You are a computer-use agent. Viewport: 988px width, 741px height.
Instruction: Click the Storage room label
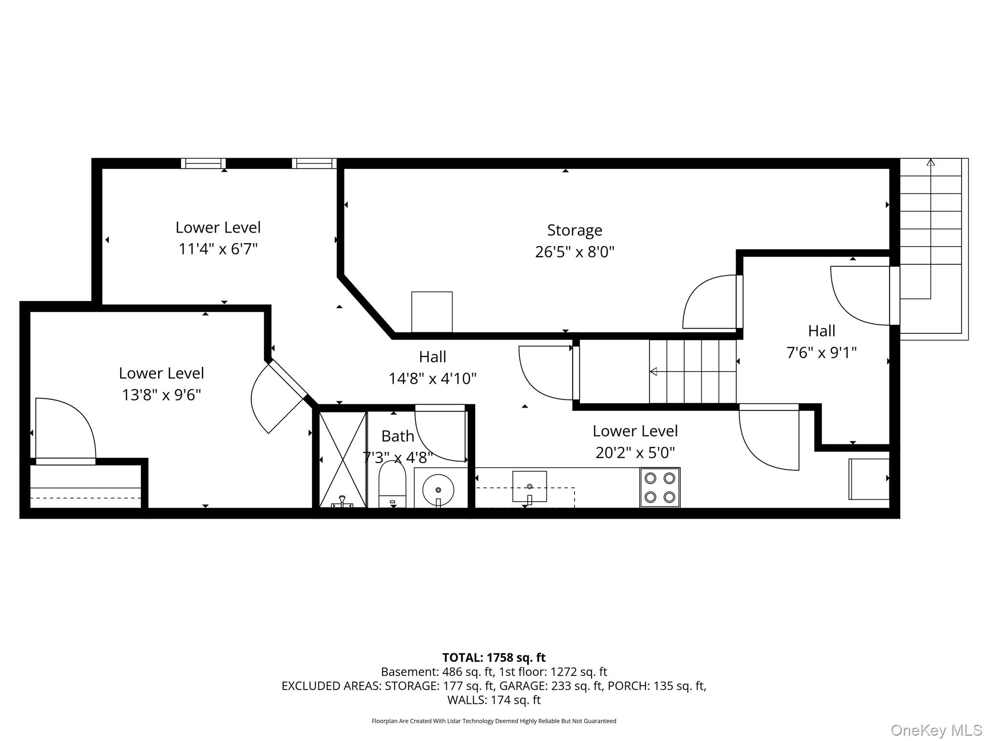[x=575, y=231]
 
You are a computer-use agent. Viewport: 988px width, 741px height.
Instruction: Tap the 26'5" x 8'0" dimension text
[x=575, y=252]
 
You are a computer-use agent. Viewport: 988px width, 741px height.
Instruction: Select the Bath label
[x=398, y=436]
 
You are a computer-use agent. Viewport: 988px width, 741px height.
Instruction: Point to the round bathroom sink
[x=438, y=490]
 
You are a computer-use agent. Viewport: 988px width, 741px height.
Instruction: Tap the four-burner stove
[x=660, y=487]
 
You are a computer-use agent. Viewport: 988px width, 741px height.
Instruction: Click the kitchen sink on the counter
[x=529, y=486]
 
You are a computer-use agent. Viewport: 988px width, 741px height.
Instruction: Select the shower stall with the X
[x=343, y=459]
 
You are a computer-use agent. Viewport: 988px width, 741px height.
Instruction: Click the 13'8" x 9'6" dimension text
[x=161, y=395]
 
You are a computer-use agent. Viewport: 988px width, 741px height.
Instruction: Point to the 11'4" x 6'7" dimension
[x=218, y=249]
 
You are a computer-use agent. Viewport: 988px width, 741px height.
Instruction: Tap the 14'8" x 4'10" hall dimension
[x=433, y=379]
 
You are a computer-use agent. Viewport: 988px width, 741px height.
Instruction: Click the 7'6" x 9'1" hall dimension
[x=822, y=353]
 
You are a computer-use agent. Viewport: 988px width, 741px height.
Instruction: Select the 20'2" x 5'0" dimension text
[x=635, y=453]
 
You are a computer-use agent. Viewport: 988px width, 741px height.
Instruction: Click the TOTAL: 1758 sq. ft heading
[x=494, y=658]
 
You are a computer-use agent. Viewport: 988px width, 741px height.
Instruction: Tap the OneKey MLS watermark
[x=936, y=730]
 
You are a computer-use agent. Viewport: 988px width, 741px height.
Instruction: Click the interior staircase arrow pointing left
[x=693, y=371]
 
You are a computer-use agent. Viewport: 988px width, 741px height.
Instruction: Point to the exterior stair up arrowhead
[x=931, y=162]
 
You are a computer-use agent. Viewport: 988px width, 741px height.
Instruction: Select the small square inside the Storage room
[x=432, y=312]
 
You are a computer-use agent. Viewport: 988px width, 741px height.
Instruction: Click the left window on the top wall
[x=203, y=164]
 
